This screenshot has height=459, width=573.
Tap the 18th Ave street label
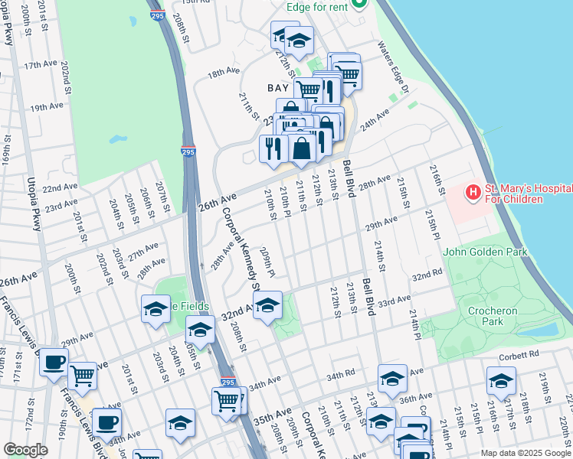pyautogui.click(x=224, y=72)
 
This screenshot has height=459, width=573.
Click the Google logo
pyautogui.click(x=25, y=449)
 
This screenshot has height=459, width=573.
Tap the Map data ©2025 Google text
pyautogui.click(x=525, y=453)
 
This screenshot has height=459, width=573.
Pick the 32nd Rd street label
pyautogui.click(x=427, y=274)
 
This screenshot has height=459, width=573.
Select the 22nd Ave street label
pyautogui.click(x=59, y=187)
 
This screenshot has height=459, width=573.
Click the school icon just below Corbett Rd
pyautogui.click(x=500, y=380)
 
